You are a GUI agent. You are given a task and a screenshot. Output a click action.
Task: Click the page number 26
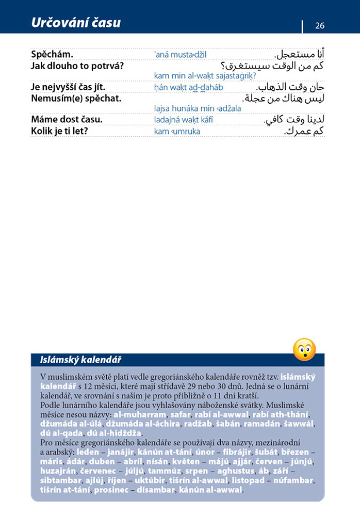coord(320,25)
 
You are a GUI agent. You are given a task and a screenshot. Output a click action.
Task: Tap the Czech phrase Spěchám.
coord(52,54)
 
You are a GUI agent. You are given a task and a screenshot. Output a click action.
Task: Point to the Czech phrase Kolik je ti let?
coord(59,131)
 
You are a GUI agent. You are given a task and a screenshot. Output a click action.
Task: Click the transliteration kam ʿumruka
coord(177,132)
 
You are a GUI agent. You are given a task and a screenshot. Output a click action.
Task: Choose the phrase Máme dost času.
coord(67,120)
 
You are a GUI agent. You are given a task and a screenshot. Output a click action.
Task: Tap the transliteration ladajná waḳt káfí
coord(183,120)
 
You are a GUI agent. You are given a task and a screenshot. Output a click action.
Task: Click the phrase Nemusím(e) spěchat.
coord(76,98)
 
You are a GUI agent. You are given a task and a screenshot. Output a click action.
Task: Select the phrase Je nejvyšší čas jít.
coord(68,87)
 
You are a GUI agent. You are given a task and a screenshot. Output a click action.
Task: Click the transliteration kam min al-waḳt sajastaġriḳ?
coord(205,76)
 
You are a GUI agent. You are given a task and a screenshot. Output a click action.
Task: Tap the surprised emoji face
coord(304,349)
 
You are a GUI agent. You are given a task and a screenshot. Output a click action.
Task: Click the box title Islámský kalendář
coord(80,360)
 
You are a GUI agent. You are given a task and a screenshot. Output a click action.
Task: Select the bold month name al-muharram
coord(140,414)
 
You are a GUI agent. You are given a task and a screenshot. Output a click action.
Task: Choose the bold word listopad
coord(249,480)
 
